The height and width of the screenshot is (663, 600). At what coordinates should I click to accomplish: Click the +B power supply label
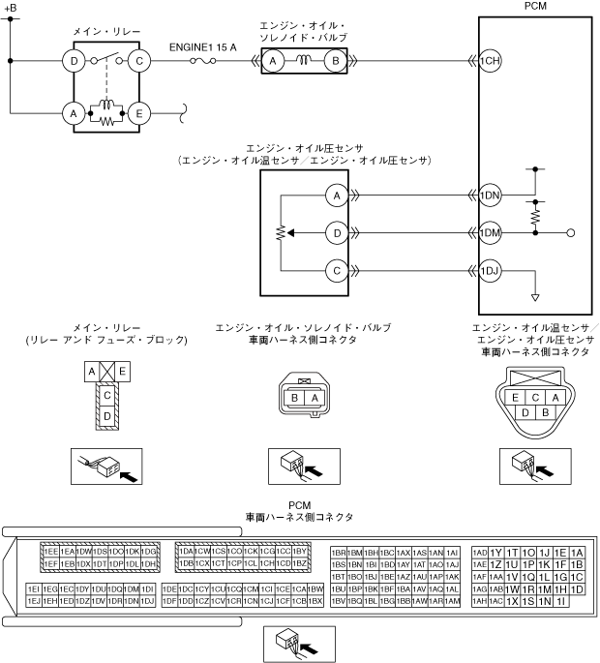[x=11, y=7]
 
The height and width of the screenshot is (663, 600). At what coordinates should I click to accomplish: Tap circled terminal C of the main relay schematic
[x=140, y=62]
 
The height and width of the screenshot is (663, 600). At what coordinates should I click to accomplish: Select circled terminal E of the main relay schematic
[x=140, y=113]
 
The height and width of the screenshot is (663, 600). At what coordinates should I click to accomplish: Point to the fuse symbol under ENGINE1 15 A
[x=202, y=62]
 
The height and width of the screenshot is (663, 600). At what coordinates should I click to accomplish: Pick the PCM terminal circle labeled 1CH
[x=490, y=62]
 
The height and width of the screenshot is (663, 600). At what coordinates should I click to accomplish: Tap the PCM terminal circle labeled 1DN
[x=490, y=196]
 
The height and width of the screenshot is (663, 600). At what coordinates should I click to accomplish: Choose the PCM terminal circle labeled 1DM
[x=490, y=233]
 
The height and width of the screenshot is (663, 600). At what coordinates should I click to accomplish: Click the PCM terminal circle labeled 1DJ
[x=490, y=270]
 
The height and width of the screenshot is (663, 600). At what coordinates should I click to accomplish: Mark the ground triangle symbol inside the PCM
[x=534, y=296]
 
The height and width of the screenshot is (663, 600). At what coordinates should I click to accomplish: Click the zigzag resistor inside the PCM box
[x=534, y=216]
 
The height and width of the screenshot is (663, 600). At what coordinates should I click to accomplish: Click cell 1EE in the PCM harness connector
[x=49, y=551]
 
